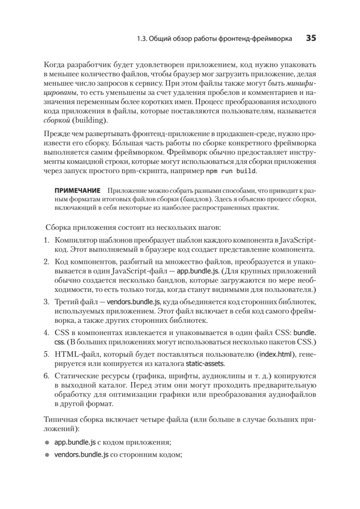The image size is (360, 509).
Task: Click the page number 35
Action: click(x=311, y=38)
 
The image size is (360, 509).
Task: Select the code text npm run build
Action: click(x=231, y=172)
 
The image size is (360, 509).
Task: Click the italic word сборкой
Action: click(x=56, y=120)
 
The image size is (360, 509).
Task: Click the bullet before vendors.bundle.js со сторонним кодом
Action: click(x=47, y=455)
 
